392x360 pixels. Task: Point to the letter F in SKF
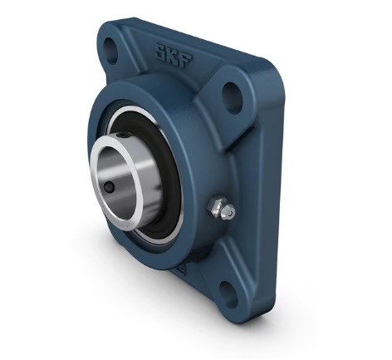point(185,61)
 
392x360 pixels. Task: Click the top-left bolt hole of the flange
point(110,48)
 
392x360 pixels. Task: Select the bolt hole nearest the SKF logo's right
point(233,97)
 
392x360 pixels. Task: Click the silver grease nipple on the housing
point(222,210)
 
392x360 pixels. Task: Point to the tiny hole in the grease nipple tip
point(230,213)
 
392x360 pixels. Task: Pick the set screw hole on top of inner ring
point(121,136)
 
